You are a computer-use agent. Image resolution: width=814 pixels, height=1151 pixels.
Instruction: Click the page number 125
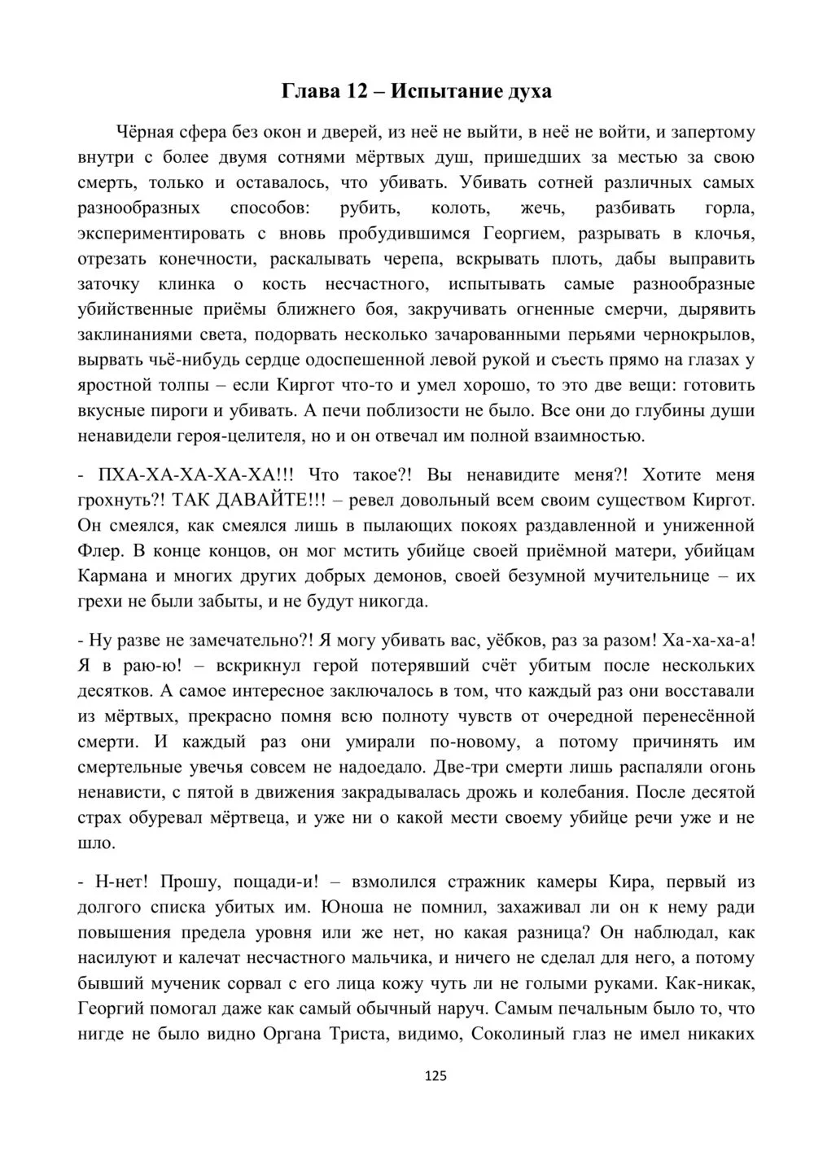pos(435,1076)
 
